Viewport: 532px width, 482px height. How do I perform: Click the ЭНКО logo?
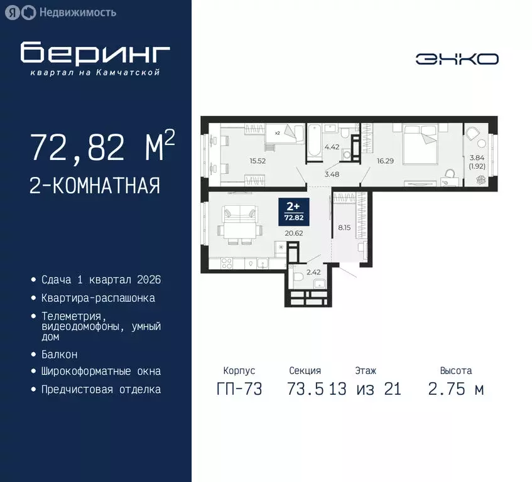coord(457,59)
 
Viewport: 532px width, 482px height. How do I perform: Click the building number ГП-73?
coord(239,389)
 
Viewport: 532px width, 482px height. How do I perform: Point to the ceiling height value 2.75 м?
coord(456,389)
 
